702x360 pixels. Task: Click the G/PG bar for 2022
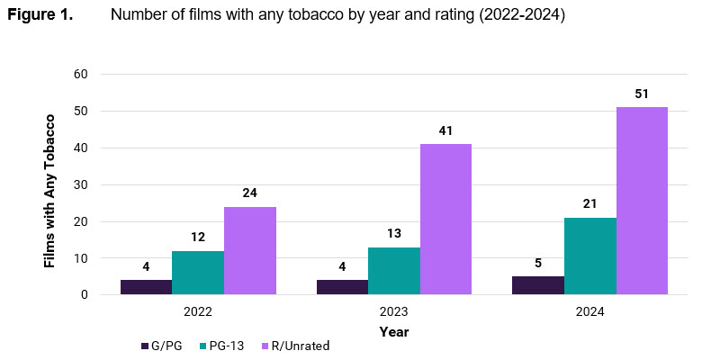146,287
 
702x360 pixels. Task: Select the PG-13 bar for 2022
198,273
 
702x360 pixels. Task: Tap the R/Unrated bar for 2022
250,250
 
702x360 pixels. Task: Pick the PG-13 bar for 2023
393,271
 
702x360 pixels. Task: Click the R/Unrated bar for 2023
445,220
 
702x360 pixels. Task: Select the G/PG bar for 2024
538,285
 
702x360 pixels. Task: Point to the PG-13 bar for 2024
590,256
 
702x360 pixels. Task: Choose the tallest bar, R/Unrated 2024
642,201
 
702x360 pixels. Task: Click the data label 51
642,94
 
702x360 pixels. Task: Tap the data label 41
445,130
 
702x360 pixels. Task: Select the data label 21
590,204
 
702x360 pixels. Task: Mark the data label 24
250,193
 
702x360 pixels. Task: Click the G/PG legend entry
162,346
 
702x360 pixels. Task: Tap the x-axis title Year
393,331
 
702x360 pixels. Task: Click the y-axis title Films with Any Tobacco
50,189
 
